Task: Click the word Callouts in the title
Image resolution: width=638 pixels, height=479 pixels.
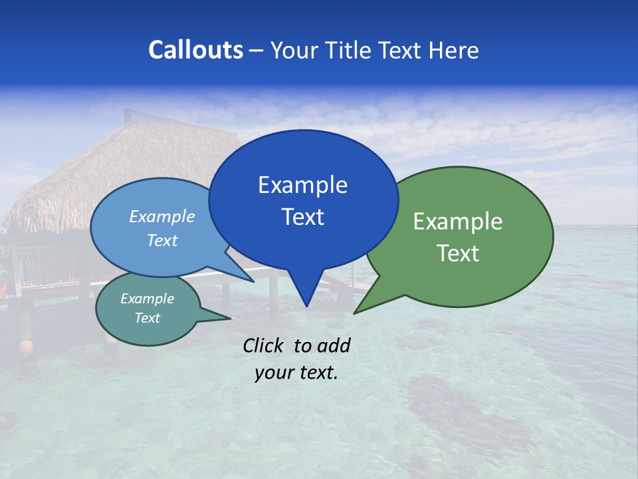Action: (x=195, y=50)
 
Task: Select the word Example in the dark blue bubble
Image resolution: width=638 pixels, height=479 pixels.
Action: (x=302, y=185)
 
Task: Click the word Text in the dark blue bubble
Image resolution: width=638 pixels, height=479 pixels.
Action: (x=302, y=217)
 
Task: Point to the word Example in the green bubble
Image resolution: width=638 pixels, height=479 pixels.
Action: (x=458, y=222)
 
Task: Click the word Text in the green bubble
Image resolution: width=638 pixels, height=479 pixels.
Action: (x=458, y=253)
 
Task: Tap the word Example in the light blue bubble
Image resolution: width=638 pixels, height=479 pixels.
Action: (x=161, y=217)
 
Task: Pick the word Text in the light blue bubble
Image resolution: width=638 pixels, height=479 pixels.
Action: (x=161, y=241)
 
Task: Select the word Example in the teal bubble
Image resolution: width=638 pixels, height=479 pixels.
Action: (x=147, y=299)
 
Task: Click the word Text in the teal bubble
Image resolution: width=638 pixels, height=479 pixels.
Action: (x=147, y=318)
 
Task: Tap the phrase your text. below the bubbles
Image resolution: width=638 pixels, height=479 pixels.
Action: (x=296, y=373)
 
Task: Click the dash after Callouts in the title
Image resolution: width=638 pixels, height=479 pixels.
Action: (x=257, y=51)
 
